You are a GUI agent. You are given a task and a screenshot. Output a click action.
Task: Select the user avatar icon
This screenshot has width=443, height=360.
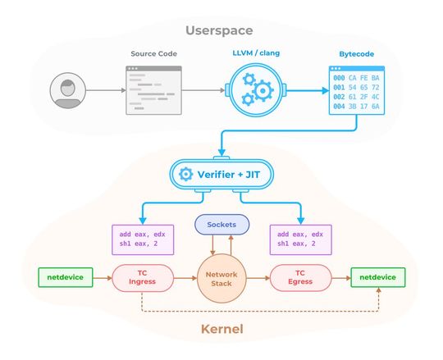(x=66, y=90)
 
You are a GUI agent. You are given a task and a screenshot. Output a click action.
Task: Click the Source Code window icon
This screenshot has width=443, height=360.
(x=153, y=89)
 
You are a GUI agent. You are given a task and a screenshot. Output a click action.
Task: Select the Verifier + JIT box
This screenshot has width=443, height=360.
(x=221, y=174)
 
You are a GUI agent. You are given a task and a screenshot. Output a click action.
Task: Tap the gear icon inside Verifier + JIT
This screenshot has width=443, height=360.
(x=185, y=174)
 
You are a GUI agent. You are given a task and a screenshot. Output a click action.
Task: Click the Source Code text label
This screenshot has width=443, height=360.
(x=153, y=54)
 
